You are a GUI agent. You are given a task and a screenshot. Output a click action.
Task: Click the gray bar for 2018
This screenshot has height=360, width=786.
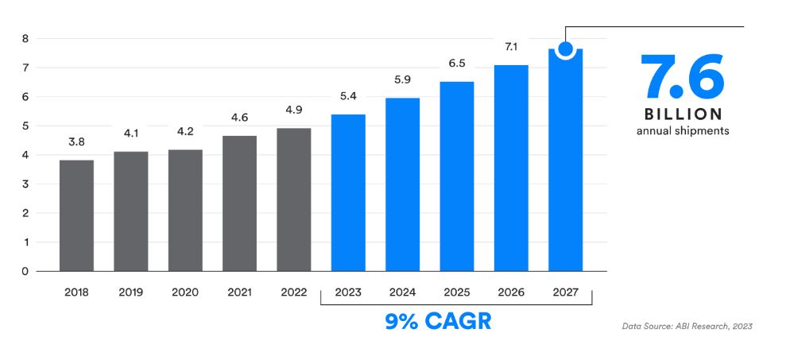(x=76, y=215)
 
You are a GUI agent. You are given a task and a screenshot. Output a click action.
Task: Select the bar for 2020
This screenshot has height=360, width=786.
(x=185, y=210)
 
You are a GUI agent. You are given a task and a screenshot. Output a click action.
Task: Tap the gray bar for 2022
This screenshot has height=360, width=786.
(x=293, y=199)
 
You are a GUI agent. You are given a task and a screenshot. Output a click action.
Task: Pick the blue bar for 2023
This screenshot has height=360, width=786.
(x=348, y=192)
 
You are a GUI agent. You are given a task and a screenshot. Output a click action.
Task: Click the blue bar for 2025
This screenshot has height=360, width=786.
(x=457, y=176)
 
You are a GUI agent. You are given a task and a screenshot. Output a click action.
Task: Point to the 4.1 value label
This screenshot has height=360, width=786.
(x=131, y=133)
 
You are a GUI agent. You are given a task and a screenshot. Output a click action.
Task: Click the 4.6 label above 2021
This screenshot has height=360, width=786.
(x=239, y=117)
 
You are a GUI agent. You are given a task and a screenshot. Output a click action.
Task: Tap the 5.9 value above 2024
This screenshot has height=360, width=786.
(x=402, y=79)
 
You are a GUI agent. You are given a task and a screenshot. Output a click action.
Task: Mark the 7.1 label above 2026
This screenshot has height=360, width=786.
(x=511, y=47)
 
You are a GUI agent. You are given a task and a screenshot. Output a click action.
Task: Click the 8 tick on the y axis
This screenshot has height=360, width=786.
(x=25, y=38)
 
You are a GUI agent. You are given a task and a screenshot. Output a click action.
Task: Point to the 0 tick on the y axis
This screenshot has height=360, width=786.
(x=25, y=271)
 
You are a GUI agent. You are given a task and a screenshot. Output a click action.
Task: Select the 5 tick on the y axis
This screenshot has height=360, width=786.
(x=25, y=126)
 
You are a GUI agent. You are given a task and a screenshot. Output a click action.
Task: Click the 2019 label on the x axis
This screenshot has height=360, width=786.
(x=131, y=292)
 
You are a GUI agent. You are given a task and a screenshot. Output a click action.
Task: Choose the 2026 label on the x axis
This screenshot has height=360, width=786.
(x=511, y=292)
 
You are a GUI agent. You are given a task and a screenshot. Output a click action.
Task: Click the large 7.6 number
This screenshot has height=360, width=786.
(x=683, y=76)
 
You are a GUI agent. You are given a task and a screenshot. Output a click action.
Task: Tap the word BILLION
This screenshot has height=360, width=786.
(x=683, y=114)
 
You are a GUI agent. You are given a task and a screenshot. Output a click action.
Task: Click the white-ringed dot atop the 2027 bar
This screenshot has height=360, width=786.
(x=565, y=49)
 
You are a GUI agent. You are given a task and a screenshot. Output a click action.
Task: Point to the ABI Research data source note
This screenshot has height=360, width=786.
(x=686, y=326)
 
